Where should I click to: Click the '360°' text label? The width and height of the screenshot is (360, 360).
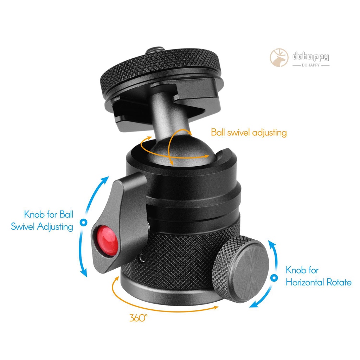point(138,318)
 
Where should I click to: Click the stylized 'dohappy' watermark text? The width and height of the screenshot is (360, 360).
point(311,57)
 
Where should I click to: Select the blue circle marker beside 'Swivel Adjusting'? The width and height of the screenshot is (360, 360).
point(83,223)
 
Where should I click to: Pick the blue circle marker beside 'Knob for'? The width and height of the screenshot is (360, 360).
point(274,278)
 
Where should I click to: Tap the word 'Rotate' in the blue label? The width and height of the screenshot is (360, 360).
point(338,282)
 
